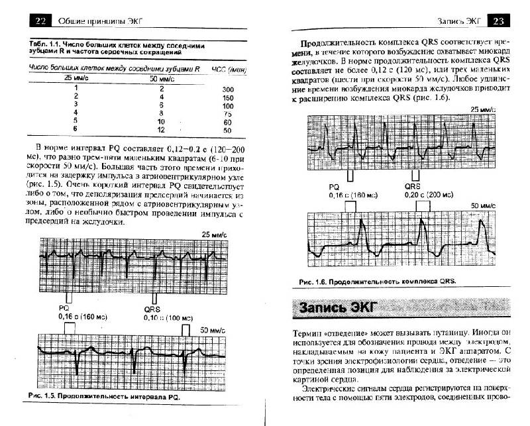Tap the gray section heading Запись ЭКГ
point(338,307)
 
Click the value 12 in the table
point(161,131)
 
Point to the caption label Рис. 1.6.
point(314,282)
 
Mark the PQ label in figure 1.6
point(334,187)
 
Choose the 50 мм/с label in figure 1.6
point(482,207)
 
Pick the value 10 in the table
point(161,122)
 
